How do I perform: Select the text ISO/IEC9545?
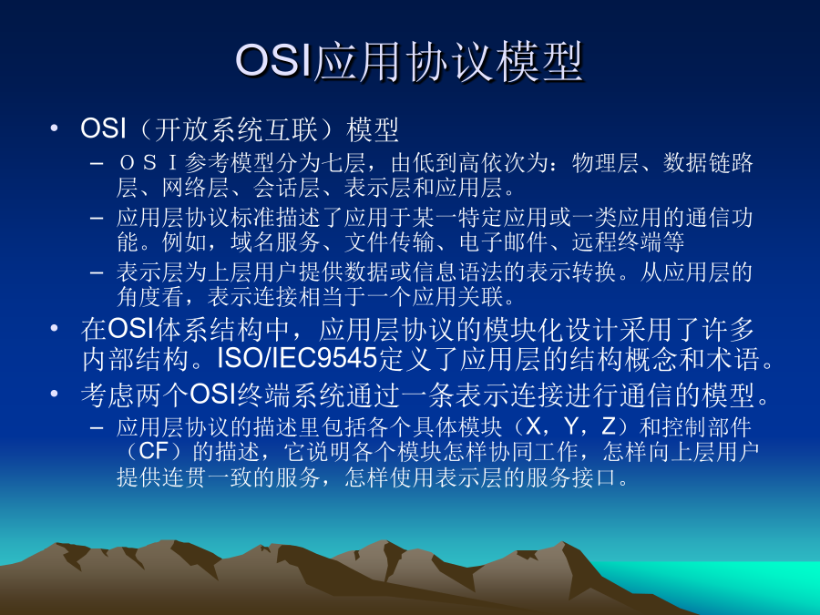[297, 358]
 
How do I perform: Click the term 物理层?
[605, 163]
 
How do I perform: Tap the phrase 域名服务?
[275, 242]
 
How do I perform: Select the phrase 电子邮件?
[504, 242]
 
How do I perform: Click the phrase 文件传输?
[389, 242]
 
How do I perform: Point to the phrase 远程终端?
[617, 242]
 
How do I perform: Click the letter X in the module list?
[533, 426]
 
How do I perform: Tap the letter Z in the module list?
[609, 426]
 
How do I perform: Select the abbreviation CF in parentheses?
[153, 451]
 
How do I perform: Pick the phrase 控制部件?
[706, 427]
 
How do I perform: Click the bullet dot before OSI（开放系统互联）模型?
[54, 128]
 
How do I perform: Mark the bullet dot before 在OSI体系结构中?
[54, 328]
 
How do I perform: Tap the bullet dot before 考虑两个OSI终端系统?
[54, 394]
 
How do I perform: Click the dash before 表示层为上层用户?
[97, 272]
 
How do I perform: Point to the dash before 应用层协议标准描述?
[97, 218]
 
